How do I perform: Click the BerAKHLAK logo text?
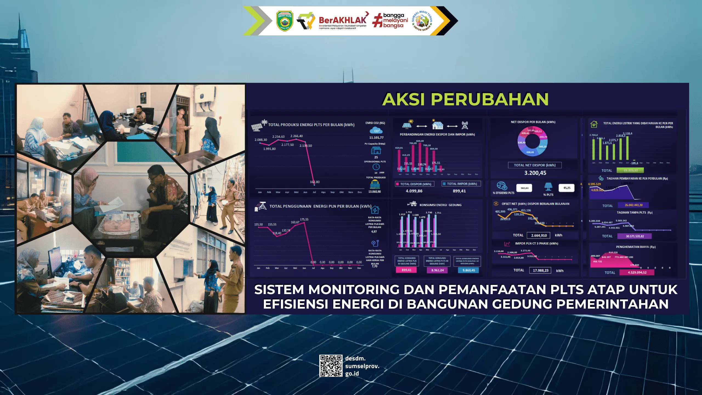(x=342, y=20)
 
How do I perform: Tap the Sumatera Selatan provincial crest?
(x=284, y=21)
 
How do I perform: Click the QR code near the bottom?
(x=331, y=366)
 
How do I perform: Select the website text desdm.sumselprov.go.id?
(x=362, y=366)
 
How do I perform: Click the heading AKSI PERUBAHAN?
(x=465, y=99)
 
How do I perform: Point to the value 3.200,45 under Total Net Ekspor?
(x=535, y=173)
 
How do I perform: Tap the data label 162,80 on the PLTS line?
(x=315, y=182)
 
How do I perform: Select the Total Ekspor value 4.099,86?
(x=414, y=191)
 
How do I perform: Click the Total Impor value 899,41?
(x=459, y=191)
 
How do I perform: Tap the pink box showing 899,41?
(x=406, y=270)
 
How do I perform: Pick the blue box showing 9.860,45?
(x=469, y=270)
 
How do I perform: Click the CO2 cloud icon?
(x=376, y=131)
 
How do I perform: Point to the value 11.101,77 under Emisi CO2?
(x=376, y=138)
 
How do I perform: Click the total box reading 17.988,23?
(x=540, y=270)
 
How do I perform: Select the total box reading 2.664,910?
(x=539, y=235)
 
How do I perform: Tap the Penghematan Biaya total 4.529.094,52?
(x=637, y=272)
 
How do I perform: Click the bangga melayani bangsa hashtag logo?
(x=390, y=21)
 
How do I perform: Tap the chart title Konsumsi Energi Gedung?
(x=440, y=205)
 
